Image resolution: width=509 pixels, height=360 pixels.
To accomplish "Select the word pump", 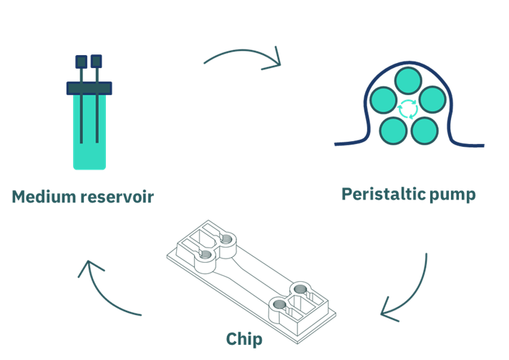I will click(451, 195).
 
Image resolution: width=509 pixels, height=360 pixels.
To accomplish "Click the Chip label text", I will click(244, 339).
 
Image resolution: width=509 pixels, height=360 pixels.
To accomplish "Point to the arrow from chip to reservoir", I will click(107, 290).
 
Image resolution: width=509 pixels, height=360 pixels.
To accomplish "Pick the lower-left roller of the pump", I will click(393, 130).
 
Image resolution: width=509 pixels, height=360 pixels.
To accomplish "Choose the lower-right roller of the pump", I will click(424, 130).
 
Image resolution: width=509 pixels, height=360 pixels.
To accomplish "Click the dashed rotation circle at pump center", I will click(408, 109).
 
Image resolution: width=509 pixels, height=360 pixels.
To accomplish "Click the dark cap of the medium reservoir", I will click(89, 88).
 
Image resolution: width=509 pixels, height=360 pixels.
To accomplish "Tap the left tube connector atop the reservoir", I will click(82, 62).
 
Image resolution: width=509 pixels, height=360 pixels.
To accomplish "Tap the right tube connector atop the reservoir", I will click(97, 62).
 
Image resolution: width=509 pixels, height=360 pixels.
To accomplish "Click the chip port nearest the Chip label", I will click(279, 308).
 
